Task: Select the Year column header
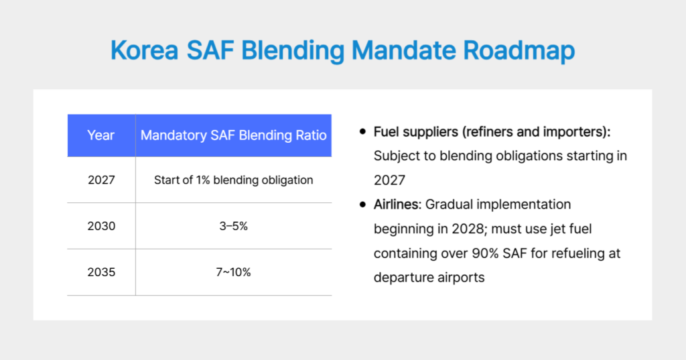coord(101,135)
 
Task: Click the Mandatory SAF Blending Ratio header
coord(233,135)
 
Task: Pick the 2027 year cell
coord(101,180)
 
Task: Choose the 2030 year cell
coord(101,226)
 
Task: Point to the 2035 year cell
coord(101,272)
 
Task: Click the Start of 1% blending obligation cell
coord(233,180)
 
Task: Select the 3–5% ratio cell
coord(233,226)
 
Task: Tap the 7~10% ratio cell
coord(233,272)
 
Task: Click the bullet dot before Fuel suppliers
coord(363,132)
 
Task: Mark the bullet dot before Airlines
coord(363,204)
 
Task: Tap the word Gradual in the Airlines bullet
coord(452,204)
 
